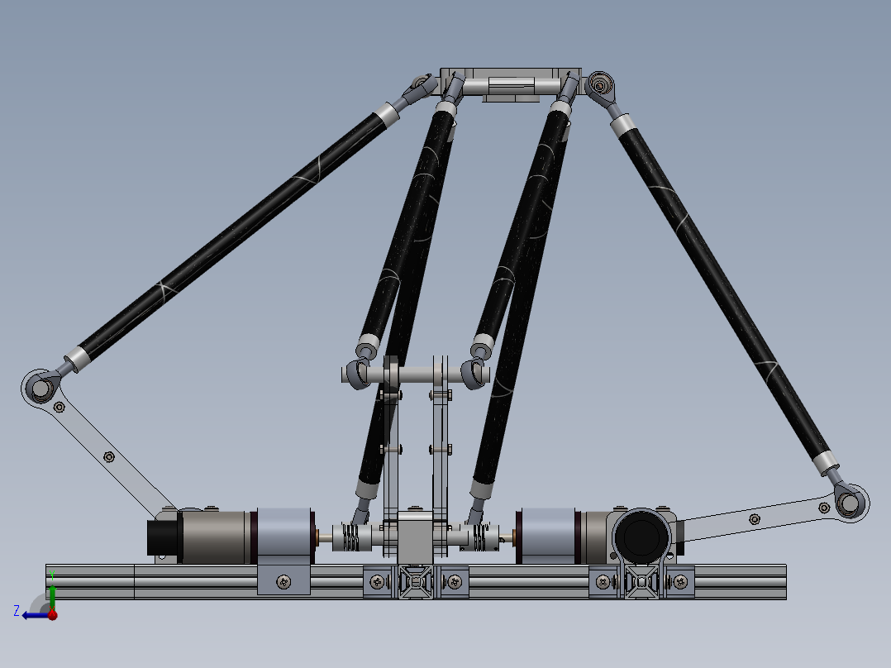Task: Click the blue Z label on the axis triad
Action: pos(17,610)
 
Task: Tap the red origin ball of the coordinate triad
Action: pos(52,615)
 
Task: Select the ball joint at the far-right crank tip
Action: pos(849,503)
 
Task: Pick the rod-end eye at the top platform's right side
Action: pos(599,83)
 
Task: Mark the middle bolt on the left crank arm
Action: pos(109,456)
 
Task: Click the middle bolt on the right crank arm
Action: pos(754,519)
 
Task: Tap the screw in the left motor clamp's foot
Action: pos(283,581)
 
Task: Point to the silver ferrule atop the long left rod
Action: pos(387,115)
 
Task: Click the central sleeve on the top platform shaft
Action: pos(511,85)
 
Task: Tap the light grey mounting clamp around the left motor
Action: pos(283,536)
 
